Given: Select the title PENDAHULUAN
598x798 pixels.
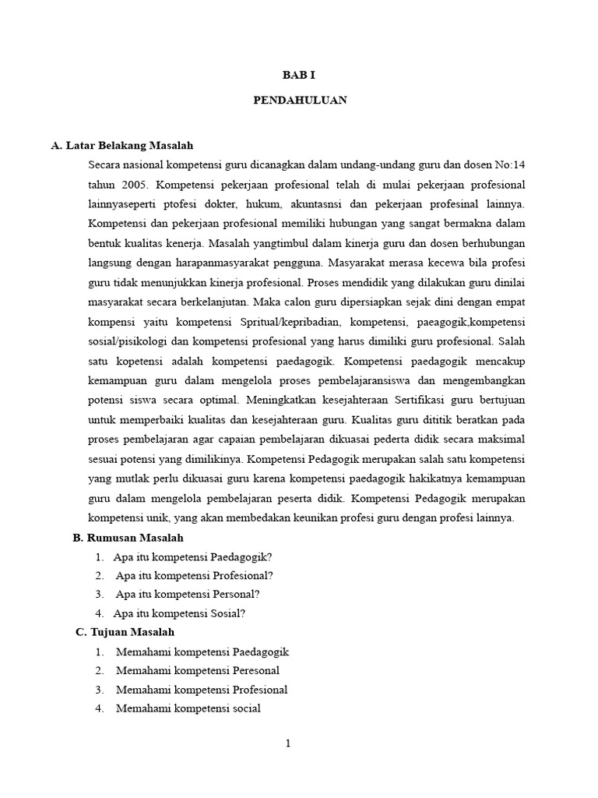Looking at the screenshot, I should coord(300,100).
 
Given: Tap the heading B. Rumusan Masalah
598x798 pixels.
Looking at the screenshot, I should coord(128,538).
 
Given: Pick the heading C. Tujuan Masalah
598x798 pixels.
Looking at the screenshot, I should coord(125,632).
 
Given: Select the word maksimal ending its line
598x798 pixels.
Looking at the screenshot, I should coord(502,440).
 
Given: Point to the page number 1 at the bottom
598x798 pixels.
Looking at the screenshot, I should coord(288,743).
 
